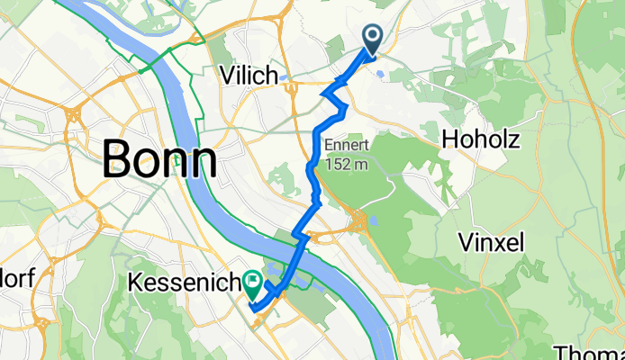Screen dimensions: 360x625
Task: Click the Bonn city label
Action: point(159,159)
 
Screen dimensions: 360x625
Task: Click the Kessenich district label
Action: point(185,283)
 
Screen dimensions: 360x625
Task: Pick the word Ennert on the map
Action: point(347,145)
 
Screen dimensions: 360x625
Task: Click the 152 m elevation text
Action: point(347,164)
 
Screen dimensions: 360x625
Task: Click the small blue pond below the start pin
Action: point(380,75)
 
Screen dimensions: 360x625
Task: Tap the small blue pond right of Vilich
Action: point(286,78)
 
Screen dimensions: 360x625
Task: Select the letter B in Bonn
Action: point(119,159)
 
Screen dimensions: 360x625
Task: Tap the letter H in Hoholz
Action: point(449,140)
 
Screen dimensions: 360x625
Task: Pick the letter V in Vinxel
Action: point(466,241)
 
